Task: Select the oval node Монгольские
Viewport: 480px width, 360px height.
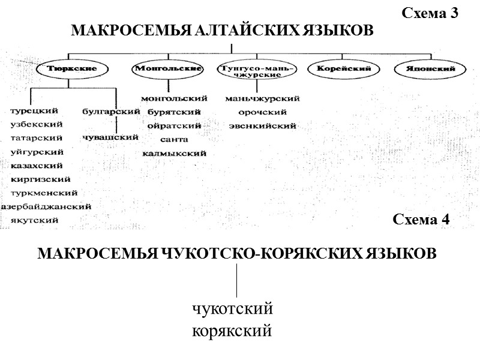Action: tap(167, 69)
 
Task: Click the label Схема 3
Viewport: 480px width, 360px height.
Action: tap(429, 14)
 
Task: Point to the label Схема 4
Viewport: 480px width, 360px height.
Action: tap(421, 219)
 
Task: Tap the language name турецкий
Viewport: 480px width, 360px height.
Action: tap(34, 111)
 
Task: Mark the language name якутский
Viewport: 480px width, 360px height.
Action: tap(34, 220)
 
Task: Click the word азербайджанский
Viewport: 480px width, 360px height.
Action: tap(46, 207)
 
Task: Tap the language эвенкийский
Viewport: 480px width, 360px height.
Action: tap(262, 126)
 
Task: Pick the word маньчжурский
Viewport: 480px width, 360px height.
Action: tap(262, 98)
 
